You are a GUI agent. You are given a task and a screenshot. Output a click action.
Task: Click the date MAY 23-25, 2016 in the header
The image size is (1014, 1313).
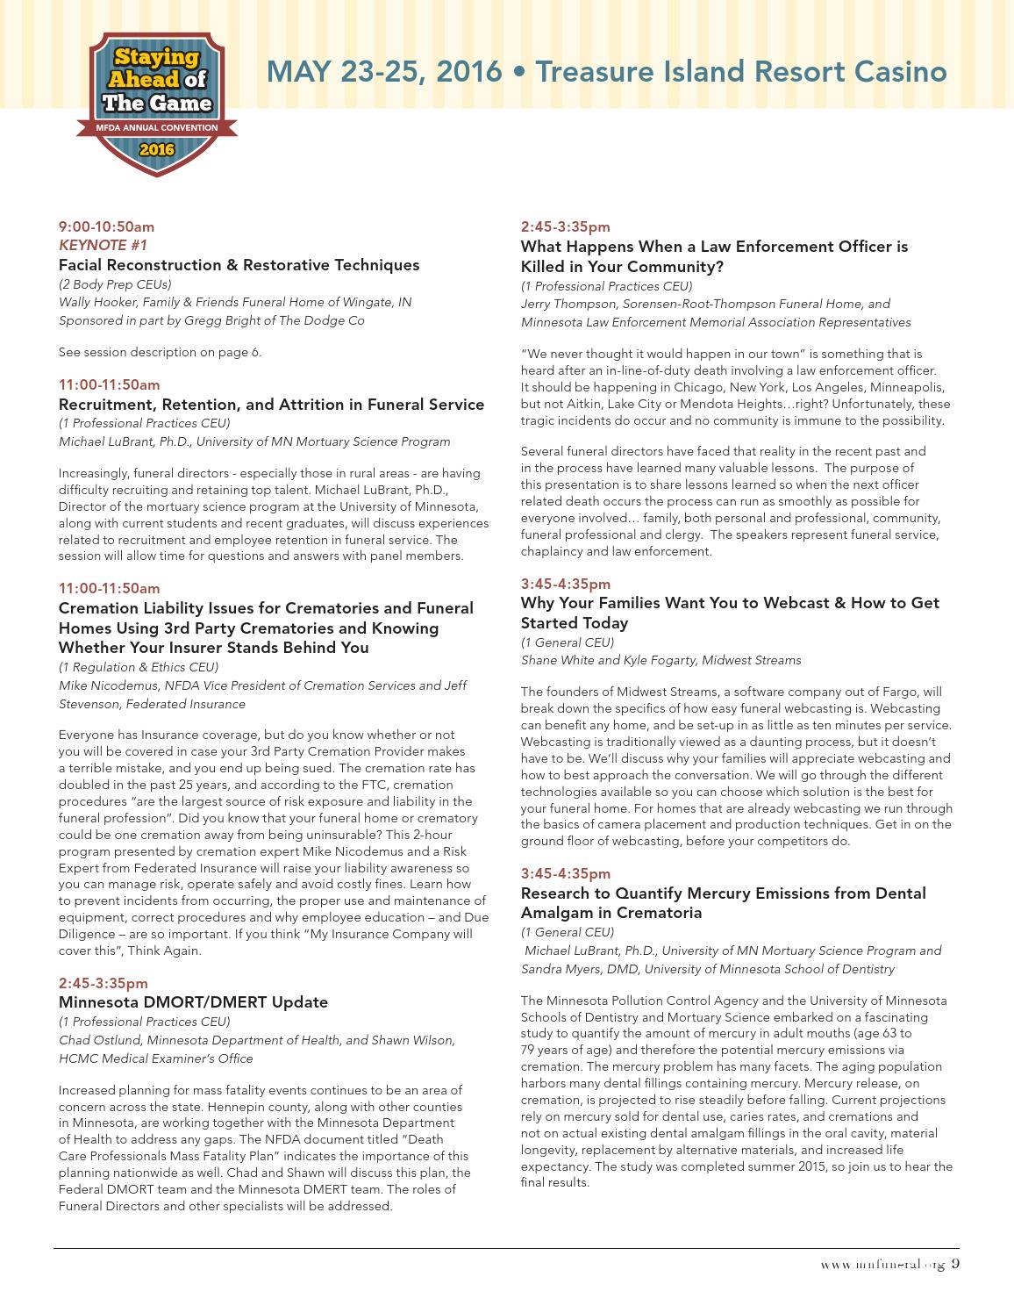[x=385, y=71]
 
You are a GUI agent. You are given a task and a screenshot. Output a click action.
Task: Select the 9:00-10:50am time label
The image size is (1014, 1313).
[x=106, y=226]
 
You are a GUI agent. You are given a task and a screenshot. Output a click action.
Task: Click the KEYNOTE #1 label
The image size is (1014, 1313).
[x=103, y=245]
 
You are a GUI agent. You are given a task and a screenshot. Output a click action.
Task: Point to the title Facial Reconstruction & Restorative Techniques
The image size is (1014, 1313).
[x=239, y=265]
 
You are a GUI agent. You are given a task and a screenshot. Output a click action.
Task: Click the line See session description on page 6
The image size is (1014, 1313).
[x=160, y=352]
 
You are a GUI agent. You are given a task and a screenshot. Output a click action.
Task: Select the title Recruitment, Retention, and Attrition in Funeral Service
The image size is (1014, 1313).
[x=271, y=405]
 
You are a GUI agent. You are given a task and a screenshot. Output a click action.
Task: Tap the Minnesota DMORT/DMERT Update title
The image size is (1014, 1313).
[x=193, y=1002]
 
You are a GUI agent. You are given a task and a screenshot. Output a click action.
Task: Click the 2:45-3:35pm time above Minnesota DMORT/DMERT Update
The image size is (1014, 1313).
[x=104, y=983]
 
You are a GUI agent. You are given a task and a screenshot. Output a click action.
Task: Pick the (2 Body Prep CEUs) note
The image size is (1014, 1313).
[x=115, y=284]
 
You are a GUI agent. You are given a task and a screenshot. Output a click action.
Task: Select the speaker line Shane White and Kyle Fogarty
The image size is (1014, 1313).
[x=661, y=660]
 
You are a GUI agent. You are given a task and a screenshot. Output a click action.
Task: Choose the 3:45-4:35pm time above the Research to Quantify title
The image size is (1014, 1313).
[x=566, y=874]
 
